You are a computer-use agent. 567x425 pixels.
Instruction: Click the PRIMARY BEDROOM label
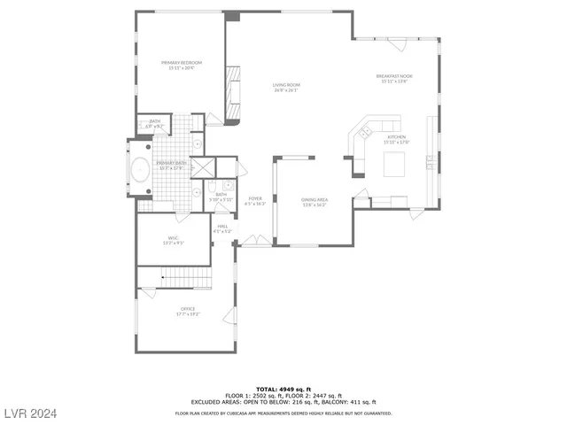(182, 63)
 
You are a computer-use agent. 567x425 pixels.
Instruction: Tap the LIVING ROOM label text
(286, 85)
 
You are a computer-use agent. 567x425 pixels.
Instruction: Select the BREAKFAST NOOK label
(394, 76)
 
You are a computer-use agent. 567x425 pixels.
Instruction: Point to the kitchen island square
(393, 164)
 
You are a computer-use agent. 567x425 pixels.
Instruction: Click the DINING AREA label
(315, 200)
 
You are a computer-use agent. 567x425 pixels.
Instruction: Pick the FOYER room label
(255, 199)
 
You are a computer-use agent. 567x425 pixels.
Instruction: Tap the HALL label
(223, 227)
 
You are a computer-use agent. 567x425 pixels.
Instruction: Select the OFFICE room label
(188, 309)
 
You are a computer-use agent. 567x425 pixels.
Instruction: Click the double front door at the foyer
(254, 240)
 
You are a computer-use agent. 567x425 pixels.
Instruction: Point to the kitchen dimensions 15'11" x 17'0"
(395, 142)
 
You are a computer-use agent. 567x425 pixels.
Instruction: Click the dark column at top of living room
(232, 16)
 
